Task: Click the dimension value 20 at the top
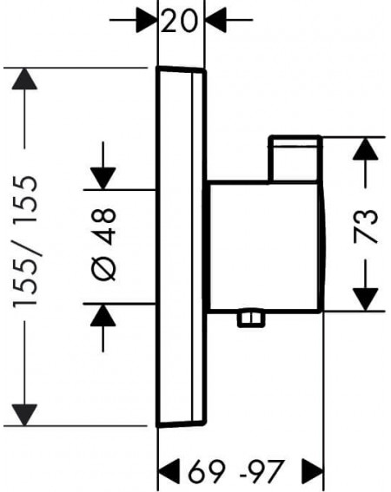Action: coord(179,21)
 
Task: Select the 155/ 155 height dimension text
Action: coord(25,242)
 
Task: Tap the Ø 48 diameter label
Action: coord(104,244)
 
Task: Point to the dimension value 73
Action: coord(365,226)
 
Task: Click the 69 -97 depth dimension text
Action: coord(236,471)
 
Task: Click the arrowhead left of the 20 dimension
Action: coord(147,20)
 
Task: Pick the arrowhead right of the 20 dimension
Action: coord(215,20)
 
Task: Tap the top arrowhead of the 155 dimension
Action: coord(24,78)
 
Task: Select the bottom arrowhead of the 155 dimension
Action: coord(24,415)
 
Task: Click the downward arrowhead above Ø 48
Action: coord(103,179)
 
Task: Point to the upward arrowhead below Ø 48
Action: coord(103,315)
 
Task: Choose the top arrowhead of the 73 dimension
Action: coord(365,148)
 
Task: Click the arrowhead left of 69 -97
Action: coord(169,471)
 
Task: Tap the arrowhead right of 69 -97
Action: coord(313,471)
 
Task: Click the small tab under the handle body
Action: coord(251,318)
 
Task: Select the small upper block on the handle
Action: coord(295,159)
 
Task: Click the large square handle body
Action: coord(263,247)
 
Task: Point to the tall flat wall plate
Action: coord(181,246)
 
